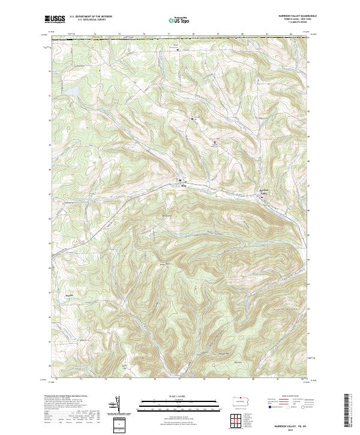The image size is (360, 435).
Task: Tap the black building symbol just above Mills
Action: [x=179, y=180]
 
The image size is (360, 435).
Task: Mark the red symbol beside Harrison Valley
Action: [x=268, y=196]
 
